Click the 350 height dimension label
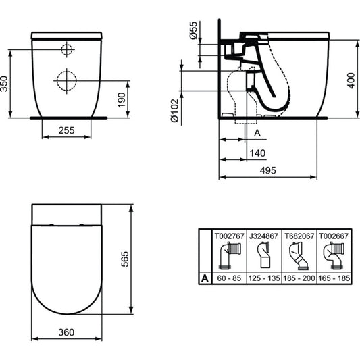[x=4, y=84]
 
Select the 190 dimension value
[x=122, y=100]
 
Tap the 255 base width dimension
[x=67, y=130]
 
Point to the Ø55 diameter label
[x=194, y=30]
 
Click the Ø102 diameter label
[x=175, y=111]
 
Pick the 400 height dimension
[x=351, y=80]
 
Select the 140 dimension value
[x=257, y=153]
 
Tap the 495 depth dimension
[x=268, y=170]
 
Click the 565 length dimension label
[x=125, y=259]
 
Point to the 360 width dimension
[x=66, y=332]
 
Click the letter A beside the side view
[x=257, y=133]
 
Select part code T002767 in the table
[x=229, y=236]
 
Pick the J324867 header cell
[x=264, y=236]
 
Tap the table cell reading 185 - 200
[x=299, y=278]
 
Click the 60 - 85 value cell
[x=229, y=278]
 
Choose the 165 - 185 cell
[x=334, y=278]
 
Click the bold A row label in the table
[x=205, y=278]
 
